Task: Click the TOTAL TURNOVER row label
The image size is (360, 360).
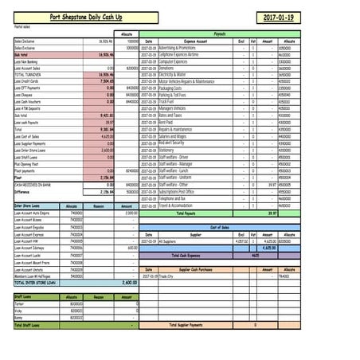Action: pyautogui.click(x=29, y=73)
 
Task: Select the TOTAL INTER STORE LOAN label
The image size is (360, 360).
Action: pyautogui.click(x=37, y=282)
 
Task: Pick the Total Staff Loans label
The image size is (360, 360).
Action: pyautogui.click(x=30, y=324)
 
